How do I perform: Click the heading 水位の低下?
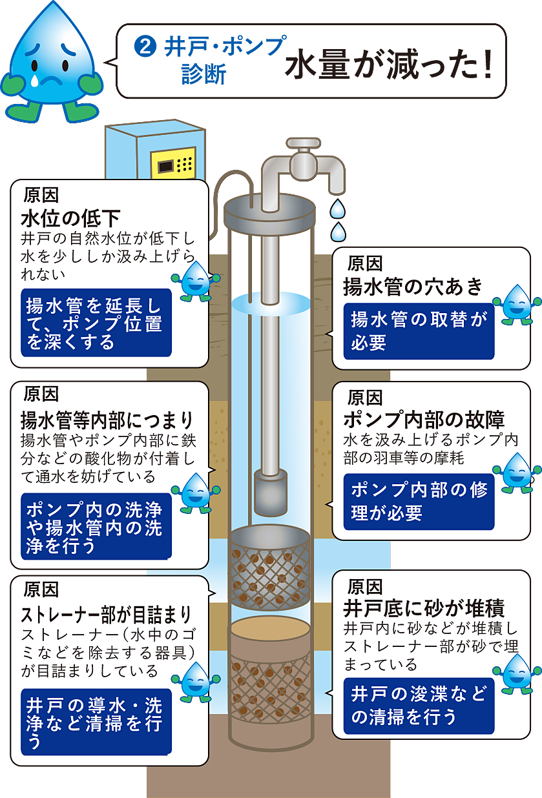70,218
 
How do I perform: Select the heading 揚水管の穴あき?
413,287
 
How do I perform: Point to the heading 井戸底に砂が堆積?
424,609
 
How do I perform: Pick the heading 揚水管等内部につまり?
107,420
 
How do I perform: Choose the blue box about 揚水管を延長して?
96,323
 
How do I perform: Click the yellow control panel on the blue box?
174,163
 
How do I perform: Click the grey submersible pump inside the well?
271,495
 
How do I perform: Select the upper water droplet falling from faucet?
337,209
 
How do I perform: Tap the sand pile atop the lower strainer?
271,628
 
